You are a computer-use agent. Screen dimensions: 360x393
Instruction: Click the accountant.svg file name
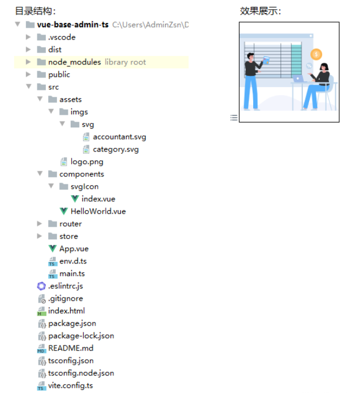tap(119, 137)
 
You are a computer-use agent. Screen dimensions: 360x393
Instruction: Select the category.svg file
tap(115, 149)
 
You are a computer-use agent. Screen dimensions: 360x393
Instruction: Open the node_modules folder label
tap(75, 62)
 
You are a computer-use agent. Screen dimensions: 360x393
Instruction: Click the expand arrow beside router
tap(40, 223)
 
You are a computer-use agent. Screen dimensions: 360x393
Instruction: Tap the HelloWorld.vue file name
tap(98, 211)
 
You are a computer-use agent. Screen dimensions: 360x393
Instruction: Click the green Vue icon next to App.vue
tap(53, 248)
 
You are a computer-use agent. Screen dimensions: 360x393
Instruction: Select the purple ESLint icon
tap(41, 286)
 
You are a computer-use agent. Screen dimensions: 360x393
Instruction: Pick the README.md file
tap(71, 348)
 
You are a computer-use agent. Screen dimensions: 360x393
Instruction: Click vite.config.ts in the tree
tap(71, 386)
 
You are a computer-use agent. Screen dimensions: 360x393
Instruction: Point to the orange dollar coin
tap(316, 54)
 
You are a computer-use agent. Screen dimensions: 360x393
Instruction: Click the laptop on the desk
tap(298, 79)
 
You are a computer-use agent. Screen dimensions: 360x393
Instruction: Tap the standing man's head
tap(250, 57)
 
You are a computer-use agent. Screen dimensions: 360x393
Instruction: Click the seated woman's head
tap(324, 67)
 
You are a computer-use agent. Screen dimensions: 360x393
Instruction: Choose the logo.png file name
tap(86, 162)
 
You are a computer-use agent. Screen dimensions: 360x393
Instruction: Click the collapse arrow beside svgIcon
tap(51, 186)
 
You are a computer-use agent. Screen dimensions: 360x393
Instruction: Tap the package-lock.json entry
tap(81, 336)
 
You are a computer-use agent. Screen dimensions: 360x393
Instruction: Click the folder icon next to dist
tap(41, 49)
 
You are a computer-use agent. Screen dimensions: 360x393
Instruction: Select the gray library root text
tap(125, 62)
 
